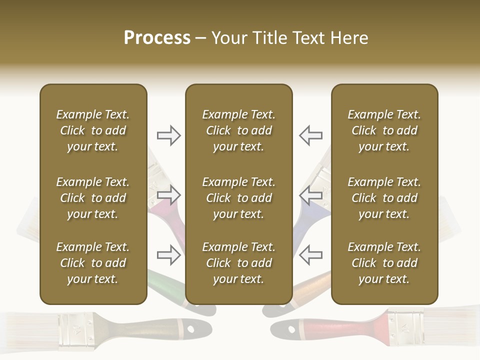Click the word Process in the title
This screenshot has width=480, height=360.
pyautogui.click(x=157, y=38)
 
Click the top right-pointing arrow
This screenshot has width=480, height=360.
pyautogui.click(x=169, y=135)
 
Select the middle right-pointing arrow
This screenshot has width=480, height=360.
pyautogui.click(x=169, y=195)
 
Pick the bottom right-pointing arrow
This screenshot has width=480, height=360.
pyautogui.click(x=169, y=255)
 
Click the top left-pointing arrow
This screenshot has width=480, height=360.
pyautogui.click(x=310, y=135)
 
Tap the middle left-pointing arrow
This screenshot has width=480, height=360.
pyautogui.click(x=310, y=195)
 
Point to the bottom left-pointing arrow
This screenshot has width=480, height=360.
pyautogui.click(x=310, y=255)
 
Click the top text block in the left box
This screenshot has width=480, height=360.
pyautogui.click(x=93, y=130)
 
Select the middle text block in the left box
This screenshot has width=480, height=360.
pyautogui.click(x=93, y=198)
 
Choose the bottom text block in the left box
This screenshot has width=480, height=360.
pyautogui.click(x=93, y=263)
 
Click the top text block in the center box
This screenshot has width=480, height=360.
pyautogui.click(x=238, y=130)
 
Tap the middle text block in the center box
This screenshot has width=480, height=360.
pyautogui.click(x=238, y=198)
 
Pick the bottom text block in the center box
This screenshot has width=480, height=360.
pyautogui.click(x=238, y=263)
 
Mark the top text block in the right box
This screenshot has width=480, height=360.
pyautogui.click(x=384, y=130)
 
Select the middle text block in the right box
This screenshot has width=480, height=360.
pyautogui.click(x=384, y=198)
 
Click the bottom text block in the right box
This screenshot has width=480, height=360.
pyautogui.click(x=384, y=263)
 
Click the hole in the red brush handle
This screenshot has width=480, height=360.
pyautogui.click(x=291, y=330)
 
